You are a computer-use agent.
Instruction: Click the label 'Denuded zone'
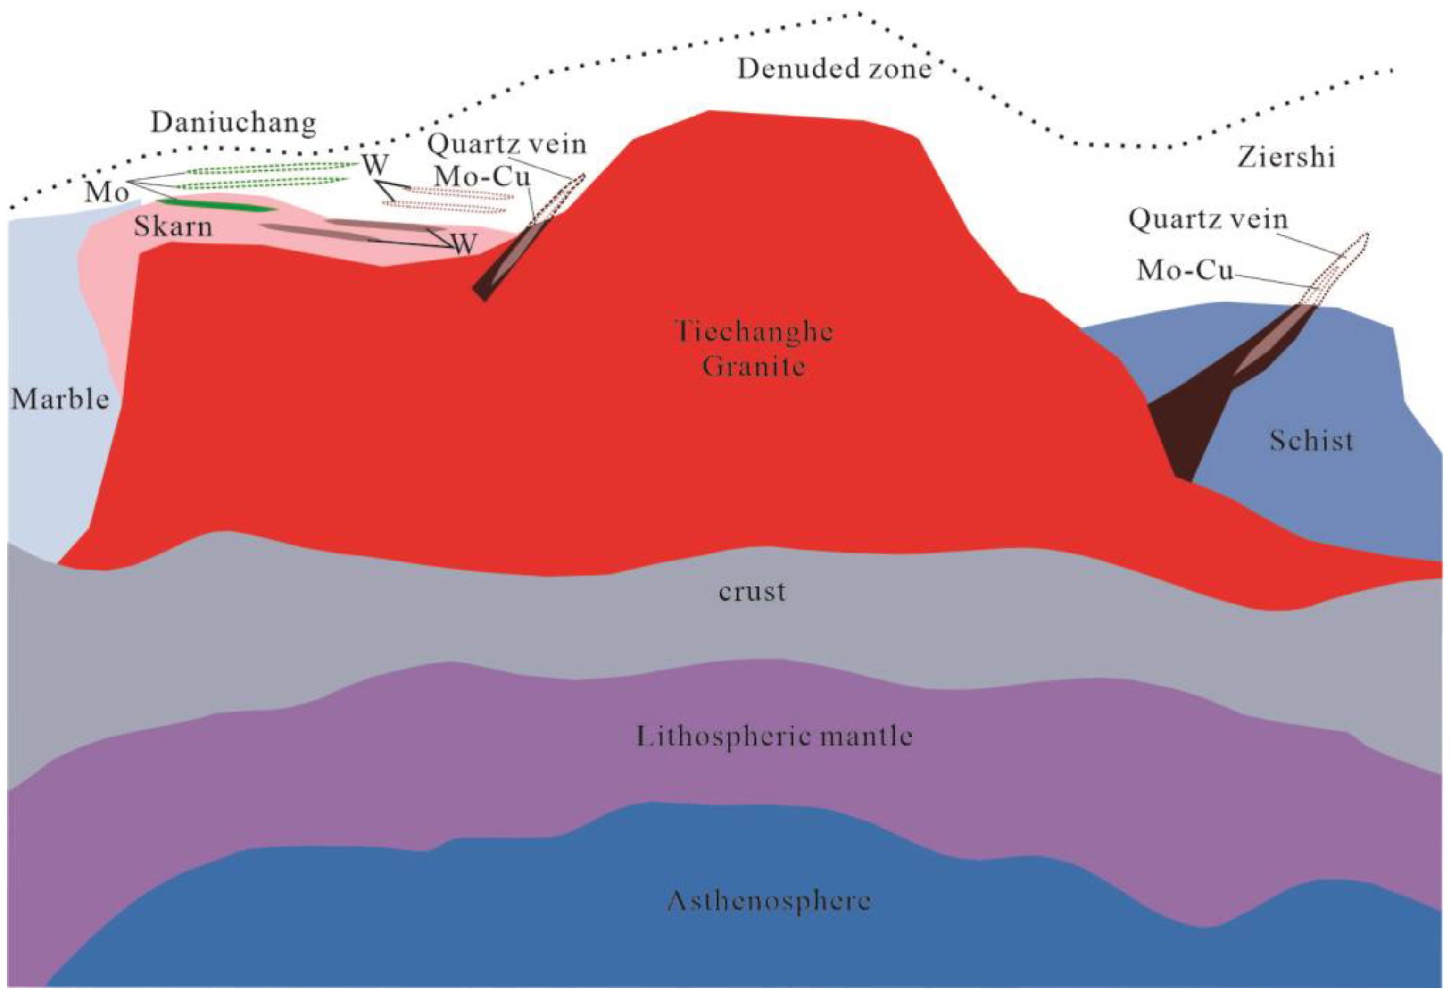(x=834, y=69)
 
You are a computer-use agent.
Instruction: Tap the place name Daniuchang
(x=233, y=123)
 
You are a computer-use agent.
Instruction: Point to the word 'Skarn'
(x=173, y=226)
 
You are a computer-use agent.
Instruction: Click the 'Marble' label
(x=60, y=399)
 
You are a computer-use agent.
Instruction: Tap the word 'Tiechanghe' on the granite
(x=754, y=331)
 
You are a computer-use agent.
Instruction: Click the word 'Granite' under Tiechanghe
(x=753, y=366)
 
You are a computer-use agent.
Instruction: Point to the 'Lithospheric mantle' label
(x=774, y=737)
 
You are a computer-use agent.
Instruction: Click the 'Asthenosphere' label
(x=769, y=901)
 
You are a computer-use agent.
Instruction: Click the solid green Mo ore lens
(x=216, y=204)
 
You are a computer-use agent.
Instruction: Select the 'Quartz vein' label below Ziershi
(x=1208, y=220)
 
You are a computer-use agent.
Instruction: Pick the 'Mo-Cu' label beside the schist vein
(x=1185, y=270)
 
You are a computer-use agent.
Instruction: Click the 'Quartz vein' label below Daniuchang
(x=507, y=145)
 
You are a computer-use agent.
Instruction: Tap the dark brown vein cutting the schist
(x=1186, y=412)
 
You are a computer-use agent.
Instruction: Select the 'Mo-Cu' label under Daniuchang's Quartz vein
(x=482, y=177)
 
